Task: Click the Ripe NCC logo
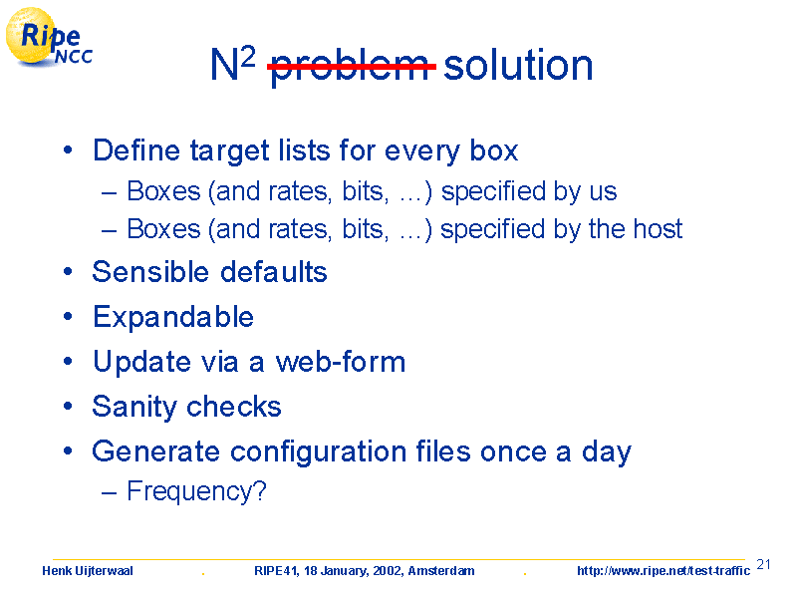click(x=49, y=38)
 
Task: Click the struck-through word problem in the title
click(x=352, y=67)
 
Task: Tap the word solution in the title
click(x=518, y=65)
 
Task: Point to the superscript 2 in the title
click(x=247, y=58)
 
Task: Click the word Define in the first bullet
click(x=136, y=150)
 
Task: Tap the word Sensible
click(x=150, y=271)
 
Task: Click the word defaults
click(x=274, y=271)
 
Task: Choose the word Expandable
click(x=173, y=317)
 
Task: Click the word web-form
click(x=340, y=362)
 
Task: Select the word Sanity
click(x=134, y=407)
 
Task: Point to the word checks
click(x=234, y=407)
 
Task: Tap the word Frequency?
click(x=196, y=491)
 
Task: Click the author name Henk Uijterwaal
click(x=88, y=571)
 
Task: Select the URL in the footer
click(x=664, y=570)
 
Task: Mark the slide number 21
click(x=763, y=564)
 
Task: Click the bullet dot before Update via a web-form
click(x=68, y=362)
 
